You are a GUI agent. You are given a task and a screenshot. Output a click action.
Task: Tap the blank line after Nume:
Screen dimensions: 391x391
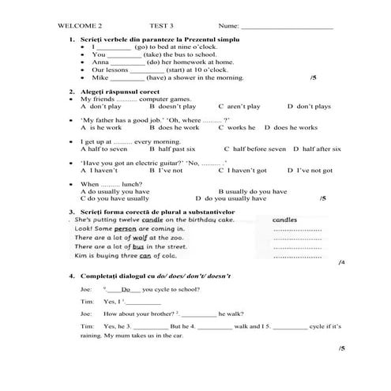click(x=280, y=27)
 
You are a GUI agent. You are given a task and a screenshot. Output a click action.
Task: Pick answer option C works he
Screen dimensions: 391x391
click(x=237, y=127)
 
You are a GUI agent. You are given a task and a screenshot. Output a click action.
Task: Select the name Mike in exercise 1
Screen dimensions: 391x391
click(x=100, y=78)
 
